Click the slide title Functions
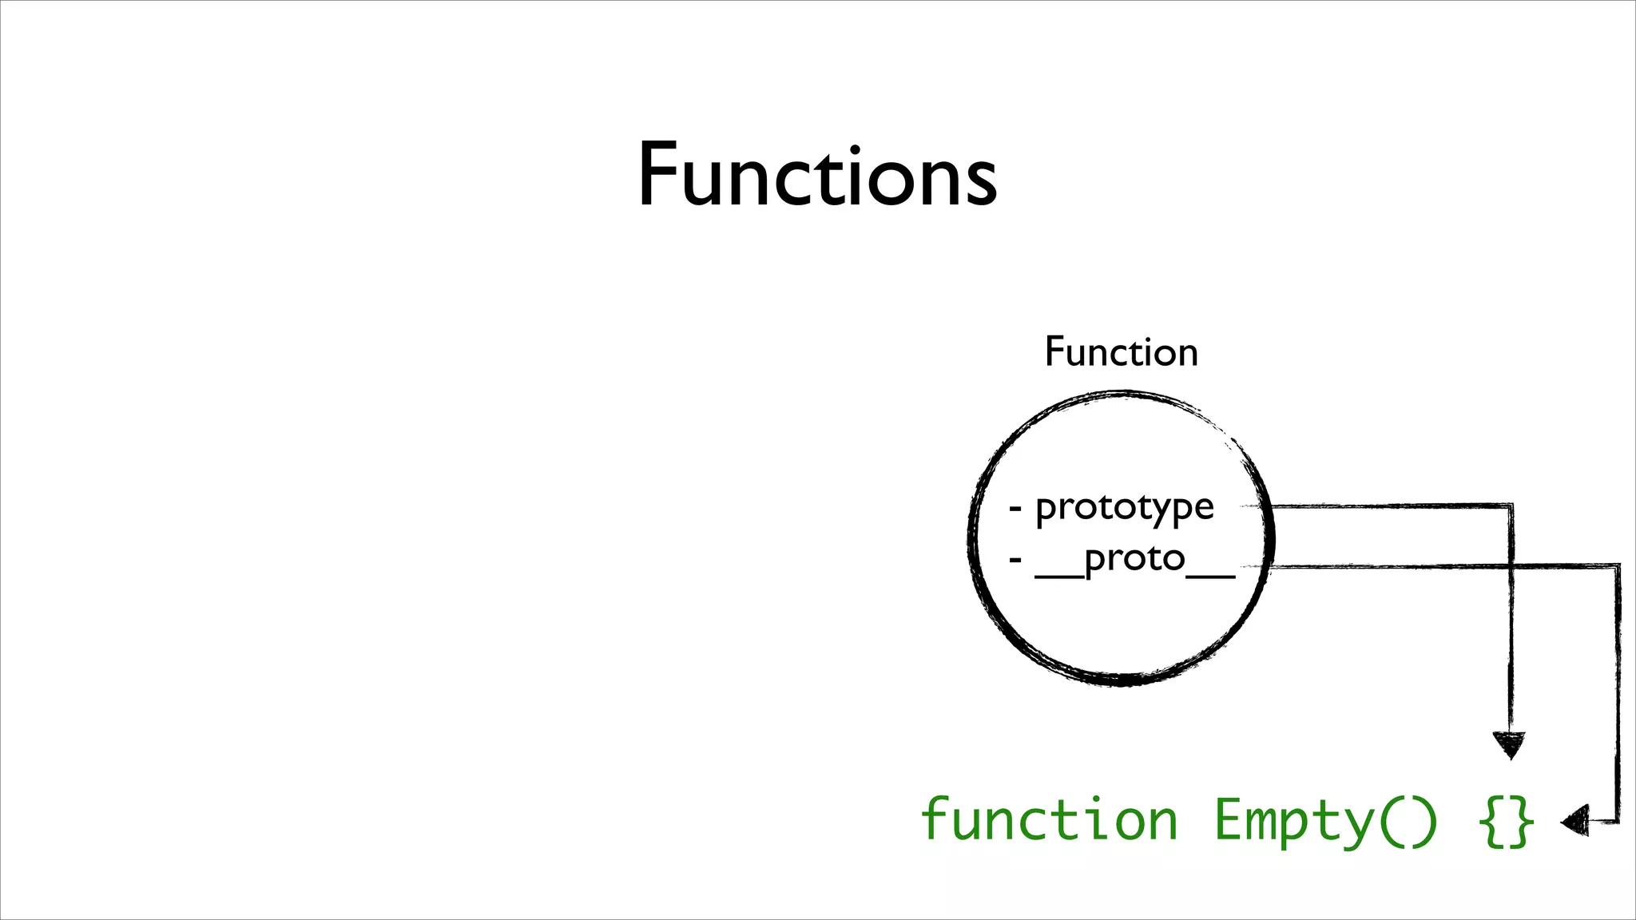pos(817,174)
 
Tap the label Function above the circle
pos(1121,352)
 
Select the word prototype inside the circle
pos(1124,508)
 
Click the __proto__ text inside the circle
pos(1134,559)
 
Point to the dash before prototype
pos(1015,508)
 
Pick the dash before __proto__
pos(1015,560)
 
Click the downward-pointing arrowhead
pos(1509,744)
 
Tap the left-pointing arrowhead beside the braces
pos(1574,821)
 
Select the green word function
pos(1049,820)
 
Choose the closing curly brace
pos(1521,822)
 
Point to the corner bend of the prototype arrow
pos(1511,506)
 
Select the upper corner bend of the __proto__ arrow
pos(1618,566)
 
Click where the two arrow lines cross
pos(1511,566)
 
